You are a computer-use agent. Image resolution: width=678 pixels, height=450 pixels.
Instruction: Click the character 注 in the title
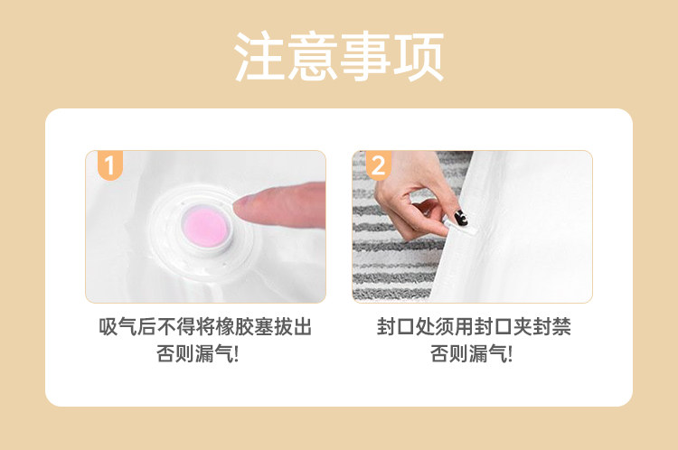(x=259, y=56)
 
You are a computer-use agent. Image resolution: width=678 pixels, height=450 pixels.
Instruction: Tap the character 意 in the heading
(x=313, y=56)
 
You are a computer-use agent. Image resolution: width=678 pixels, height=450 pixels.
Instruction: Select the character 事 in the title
(x=365, y=56)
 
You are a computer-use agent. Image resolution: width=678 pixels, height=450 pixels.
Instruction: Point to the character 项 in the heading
(x=419, y=56)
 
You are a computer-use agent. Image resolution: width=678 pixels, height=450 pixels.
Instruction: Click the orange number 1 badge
(x=110, y=165)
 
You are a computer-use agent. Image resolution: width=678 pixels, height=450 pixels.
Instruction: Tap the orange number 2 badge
(x=379, y=165)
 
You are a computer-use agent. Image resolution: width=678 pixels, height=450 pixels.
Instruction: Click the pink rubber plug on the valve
(x=204, y=227)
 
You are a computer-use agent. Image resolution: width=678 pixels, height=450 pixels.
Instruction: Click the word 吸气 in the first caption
(x=118, y=327)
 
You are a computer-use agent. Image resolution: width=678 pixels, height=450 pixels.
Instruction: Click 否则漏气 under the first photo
(x=193, y=354)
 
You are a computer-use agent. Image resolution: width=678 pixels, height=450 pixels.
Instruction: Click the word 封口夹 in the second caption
(x=503, y=327)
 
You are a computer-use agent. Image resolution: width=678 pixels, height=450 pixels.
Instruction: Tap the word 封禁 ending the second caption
(x=551, y=327)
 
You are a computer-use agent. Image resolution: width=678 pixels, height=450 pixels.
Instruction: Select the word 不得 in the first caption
(x=176, y=327)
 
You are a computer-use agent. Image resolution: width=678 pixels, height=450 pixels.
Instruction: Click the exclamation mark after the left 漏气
(x=236, y=354)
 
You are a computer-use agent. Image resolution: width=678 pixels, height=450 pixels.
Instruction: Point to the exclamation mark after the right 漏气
(x=510, y=354)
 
